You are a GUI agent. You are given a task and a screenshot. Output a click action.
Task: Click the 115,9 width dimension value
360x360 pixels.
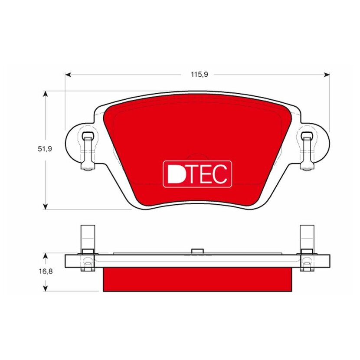coord(199,75)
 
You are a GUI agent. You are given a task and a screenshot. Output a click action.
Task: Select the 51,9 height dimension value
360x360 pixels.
coord(45,149)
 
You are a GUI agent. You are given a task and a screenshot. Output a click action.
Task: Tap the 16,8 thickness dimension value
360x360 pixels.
coord(46,271)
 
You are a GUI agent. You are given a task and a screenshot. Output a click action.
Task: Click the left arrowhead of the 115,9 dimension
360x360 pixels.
coord(68,75)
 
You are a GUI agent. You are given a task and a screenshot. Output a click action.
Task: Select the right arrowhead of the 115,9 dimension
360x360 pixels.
coord(327,75)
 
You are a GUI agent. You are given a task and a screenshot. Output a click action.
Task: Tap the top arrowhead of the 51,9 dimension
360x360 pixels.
coord(46,94)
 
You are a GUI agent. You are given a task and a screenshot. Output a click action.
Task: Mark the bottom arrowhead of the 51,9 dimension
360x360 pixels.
coord(46,206)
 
